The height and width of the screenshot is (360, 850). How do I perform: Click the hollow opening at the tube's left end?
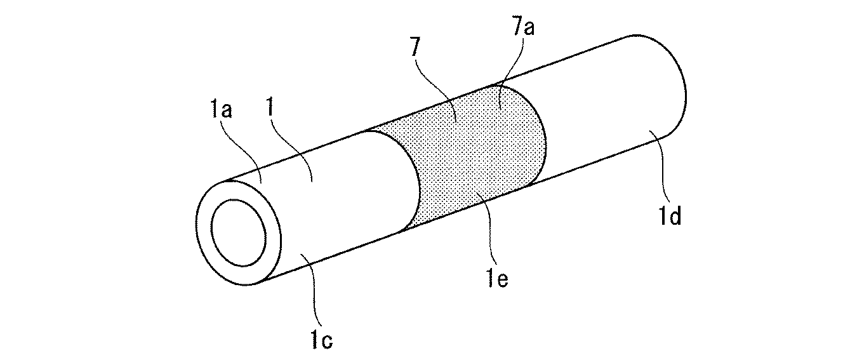(239, 233)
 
